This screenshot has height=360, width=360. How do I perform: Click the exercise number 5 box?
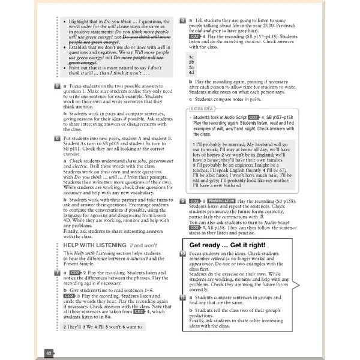(56, 86)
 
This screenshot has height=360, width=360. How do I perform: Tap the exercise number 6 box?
(56, 139)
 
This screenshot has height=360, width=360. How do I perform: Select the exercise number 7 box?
(56, 272)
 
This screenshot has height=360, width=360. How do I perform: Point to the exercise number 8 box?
(182, 20)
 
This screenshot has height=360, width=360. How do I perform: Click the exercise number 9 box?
(182, 202)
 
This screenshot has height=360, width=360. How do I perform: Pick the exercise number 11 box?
(182, 296)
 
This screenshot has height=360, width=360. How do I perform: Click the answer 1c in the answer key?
(191, 55)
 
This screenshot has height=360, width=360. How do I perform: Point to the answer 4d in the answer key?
(191, 73)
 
